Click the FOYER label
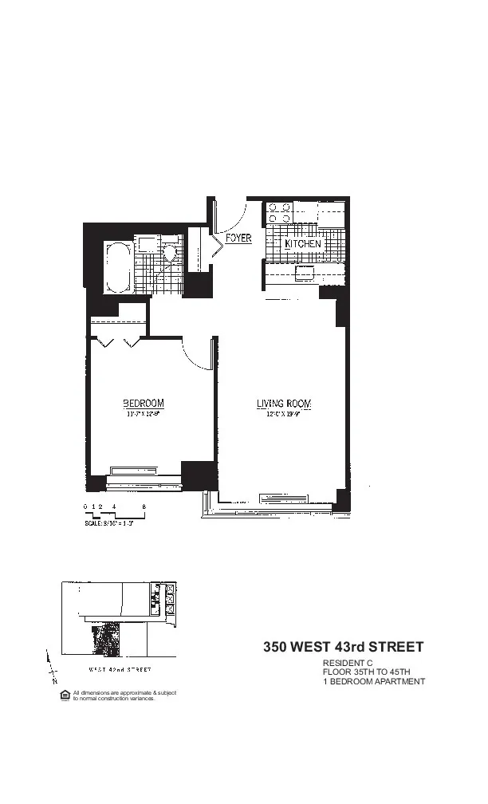click(x=238, y=238)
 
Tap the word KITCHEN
click(x=303, y=243)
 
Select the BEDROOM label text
click(x=144, y=402)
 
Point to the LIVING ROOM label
click(x=283, y=404)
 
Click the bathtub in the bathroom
click(x=118, y=267)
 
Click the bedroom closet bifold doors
click(x=119, y=343)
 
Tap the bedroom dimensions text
click(x=144, y=414)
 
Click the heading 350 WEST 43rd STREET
click(x=343, y=647)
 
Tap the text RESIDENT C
click(x=347, y=664)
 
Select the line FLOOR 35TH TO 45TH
click(x=366, y=672)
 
